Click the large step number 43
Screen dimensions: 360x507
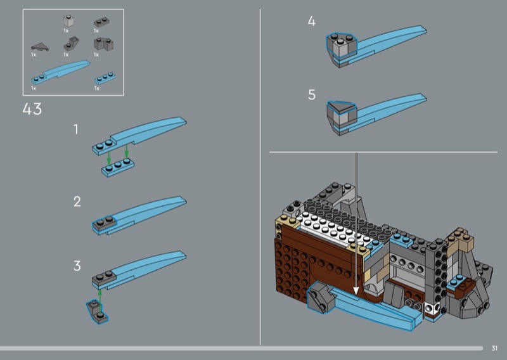click(x=32, y=109)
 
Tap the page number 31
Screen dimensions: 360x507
click(x=494, y=347)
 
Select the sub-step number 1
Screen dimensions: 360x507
click(x=76, y=129)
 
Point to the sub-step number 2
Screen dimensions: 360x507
click(x=77, y=202)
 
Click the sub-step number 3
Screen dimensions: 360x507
click(x=77, y=266)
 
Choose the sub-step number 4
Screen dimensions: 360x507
click(x=311, y=22)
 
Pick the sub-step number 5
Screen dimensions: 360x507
click(x=311, y=95)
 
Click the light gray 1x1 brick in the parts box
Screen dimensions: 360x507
click(x=67, y=21)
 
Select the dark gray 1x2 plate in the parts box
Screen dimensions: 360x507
click(x=99, y=22)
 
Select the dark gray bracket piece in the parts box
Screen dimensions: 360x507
click(x=68, y=45)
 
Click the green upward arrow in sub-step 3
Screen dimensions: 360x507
click(x=99, y=295)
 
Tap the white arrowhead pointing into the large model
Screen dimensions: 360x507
click(x=356, y=291)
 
